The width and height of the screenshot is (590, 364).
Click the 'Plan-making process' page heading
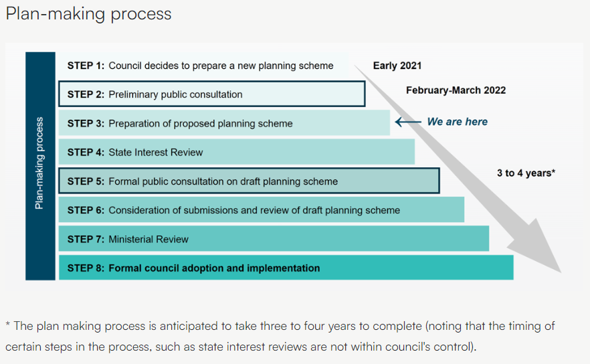[x=88, y=14]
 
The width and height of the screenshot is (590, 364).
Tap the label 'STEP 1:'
[x=86, y=66]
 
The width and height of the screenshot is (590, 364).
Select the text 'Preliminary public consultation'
[x=175, y=94]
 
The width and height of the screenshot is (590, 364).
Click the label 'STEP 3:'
[x=86, y=124]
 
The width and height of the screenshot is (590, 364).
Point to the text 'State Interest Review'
[x=156, y=153]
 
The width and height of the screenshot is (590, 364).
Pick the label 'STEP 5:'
[x=86, y=181]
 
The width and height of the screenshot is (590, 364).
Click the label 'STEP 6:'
[x=86, y=210]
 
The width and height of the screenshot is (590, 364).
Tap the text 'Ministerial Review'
[x=149, y=240]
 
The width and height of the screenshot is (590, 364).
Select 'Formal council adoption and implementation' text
[x=214, y=268]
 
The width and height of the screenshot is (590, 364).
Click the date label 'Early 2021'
[x=397, y=66]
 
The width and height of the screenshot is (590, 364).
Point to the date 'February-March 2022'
[x=456, y=90]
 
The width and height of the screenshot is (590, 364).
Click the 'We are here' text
[x=457, y=122]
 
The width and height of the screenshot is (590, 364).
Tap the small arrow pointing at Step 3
[x=408, y=122]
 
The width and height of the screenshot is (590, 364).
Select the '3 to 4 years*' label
[x=526, y=173]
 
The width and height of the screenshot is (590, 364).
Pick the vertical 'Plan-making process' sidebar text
[x=39, y=163]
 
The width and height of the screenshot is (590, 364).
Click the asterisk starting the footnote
[x=8, y=324]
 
